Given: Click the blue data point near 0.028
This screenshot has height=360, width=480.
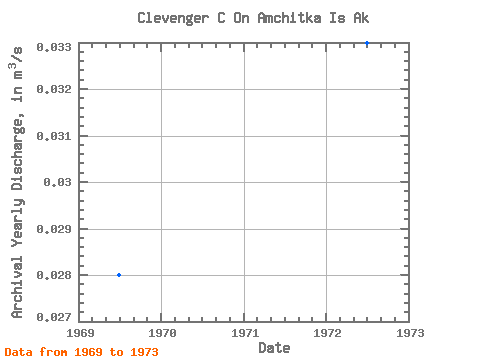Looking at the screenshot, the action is pyautogui.click(x=119, y=275).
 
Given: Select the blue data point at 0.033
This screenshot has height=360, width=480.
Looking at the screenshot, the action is pyautogui.click(x=367, y=43).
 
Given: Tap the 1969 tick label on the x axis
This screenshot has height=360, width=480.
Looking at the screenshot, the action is pyautogui.click(x=80, y=333).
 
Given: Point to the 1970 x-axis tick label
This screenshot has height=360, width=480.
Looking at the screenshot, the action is pyautogui.click(x=162, y=333).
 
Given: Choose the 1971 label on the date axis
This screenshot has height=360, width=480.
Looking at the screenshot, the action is pyautogui.click(x=245, y=333).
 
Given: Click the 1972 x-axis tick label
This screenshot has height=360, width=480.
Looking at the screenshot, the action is pyautogui.click(x=327, y=333).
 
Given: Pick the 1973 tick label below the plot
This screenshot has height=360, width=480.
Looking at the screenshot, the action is pyautogui.click(x=410, y=333).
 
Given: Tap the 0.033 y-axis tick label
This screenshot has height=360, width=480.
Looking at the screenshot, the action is pyautogui.click(x=54, y=47).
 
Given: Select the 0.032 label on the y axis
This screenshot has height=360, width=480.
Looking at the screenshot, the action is pyautogui.click(x=54, y=89).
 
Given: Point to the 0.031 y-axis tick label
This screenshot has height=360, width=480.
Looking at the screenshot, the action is pyautogui.click(x=54, y=136).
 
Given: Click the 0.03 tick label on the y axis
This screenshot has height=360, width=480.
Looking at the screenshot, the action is pyautogui.click(x=57, y=182).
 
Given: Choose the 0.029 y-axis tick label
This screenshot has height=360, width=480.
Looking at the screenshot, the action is pyautogui.click(x=54, y=229).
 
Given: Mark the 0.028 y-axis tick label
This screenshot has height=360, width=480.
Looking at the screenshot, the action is pyautogui.click(x=54, y=275).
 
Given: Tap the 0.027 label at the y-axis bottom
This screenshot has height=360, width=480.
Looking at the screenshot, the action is pyautogui.click(x=54, y=317).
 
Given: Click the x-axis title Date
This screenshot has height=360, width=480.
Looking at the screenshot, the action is pyautogui.click(x=274, y=348).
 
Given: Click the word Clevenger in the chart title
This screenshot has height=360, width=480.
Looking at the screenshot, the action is pyautogui.click(x=173, y=18).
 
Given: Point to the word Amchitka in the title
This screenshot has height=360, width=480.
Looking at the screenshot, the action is pyautogui.click(x=289, y=18).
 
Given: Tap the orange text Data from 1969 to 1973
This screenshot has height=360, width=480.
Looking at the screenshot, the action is pyautogui.click(x=81, y=352).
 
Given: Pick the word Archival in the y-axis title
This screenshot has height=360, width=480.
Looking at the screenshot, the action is pyautogui.click(x=17, y=287).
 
